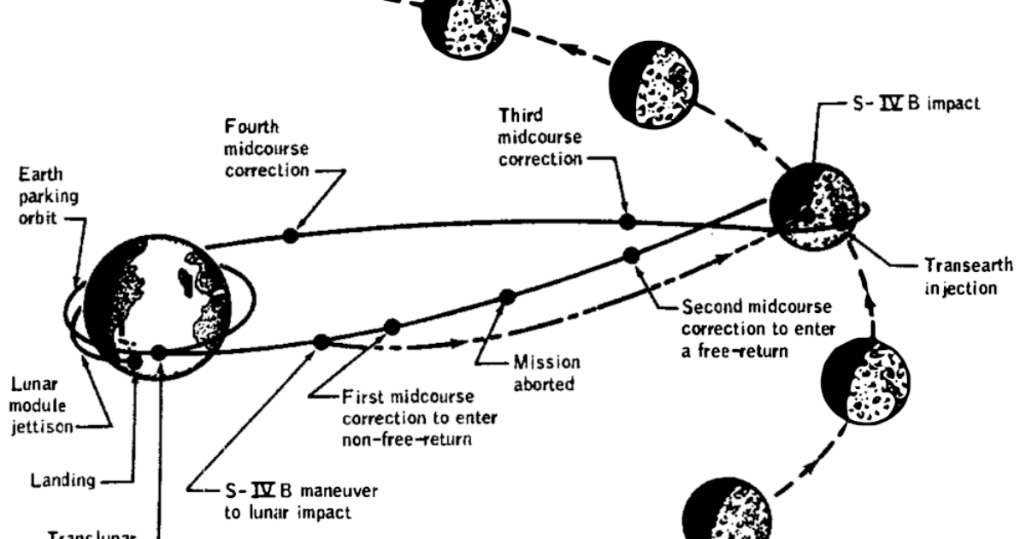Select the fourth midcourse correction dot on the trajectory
[291, 235]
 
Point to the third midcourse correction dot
[628, 222]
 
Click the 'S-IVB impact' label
[907, 104]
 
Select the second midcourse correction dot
[633, 254]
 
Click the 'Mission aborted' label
[546, 373]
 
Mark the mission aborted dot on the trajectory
[507, 297]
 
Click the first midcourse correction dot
[322, 341]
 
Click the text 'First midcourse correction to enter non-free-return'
[420, 420]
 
